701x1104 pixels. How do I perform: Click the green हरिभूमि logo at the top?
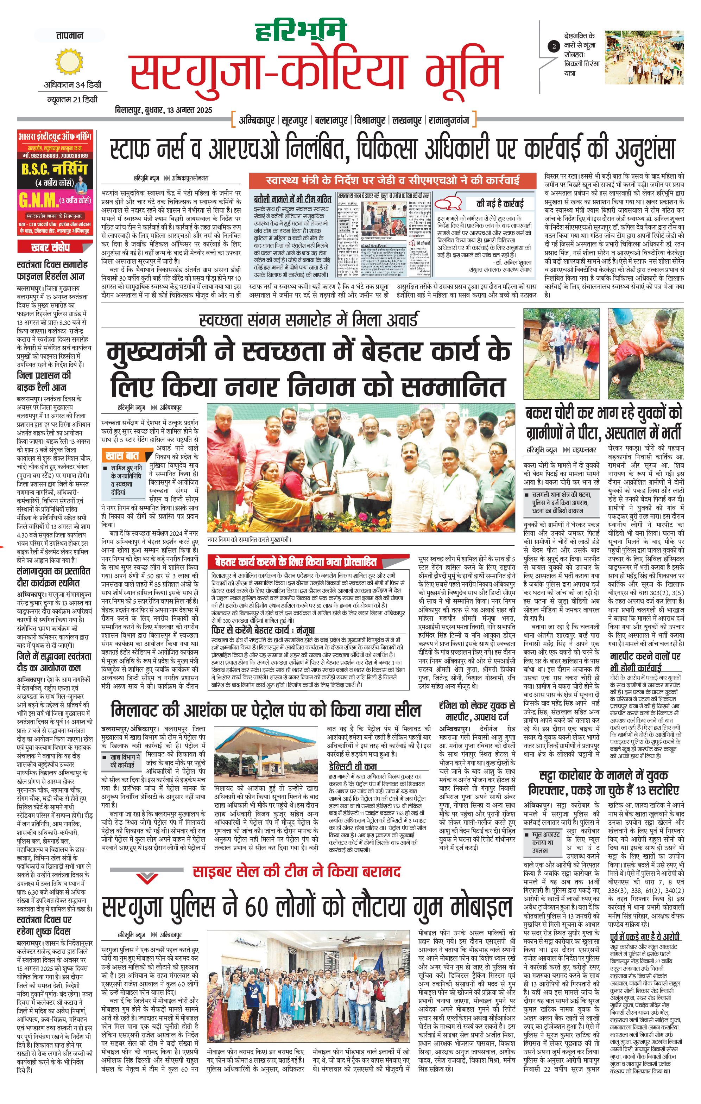[x=300, y=31]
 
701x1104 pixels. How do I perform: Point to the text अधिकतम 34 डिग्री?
[x=72, y=85]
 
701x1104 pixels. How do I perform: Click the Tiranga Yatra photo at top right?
[x=644, y=57]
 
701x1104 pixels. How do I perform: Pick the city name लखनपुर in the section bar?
[x=407, y=121]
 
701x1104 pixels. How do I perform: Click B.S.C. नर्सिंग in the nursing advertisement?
[x=54, y=169]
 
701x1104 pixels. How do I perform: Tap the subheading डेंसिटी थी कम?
[x=353, y=766]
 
